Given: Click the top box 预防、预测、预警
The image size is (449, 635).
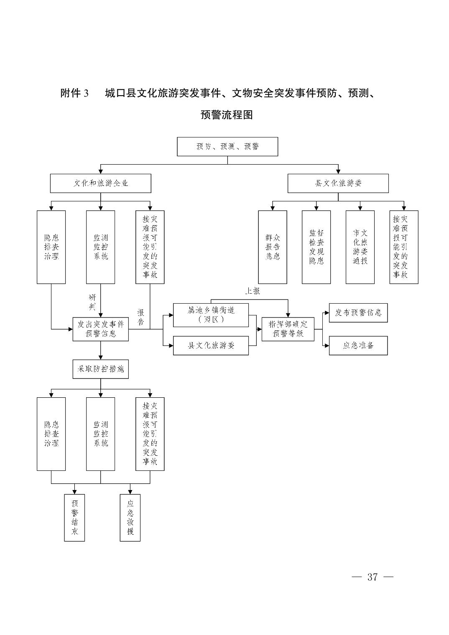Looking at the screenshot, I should [227, 147].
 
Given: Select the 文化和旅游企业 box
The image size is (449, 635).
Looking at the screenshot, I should [100, 183].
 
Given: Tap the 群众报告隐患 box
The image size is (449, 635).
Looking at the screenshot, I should [273, 247].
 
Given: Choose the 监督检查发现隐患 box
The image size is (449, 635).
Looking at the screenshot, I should [316, 247].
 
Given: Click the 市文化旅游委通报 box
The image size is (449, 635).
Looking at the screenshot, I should [360, 247].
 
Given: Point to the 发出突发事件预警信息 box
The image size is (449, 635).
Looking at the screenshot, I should [100, 329].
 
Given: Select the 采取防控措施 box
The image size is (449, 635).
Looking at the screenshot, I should [100, 369].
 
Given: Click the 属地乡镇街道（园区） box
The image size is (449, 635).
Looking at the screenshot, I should [211, 315].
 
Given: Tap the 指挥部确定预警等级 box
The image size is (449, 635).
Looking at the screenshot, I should [288, 329].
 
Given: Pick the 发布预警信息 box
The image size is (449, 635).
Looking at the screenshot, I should [358, 313].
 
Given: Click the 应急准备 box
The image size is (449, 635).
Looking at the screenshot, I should [358, 345].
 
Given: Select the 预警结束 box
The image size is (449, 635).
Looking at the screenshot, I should [74, 518].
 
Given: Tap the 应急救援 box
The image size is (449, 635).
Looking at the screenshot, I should [130, 518].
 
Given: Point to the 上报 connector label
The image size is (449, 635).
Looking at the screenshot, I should [253, 291].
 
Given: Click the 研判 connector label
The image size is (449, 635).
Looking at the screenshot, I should [92, 302].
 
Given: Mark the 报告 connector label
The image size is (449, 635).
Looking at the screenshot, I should [141, 317].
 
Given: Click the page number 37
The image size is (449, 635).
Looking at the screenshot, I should [372, 577].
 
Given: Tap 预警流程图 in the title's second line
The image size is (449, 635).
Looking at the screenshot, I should [227, 114].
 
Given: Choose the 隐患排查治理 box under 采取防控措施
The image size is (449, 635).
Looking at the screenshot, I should [51, 434].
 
